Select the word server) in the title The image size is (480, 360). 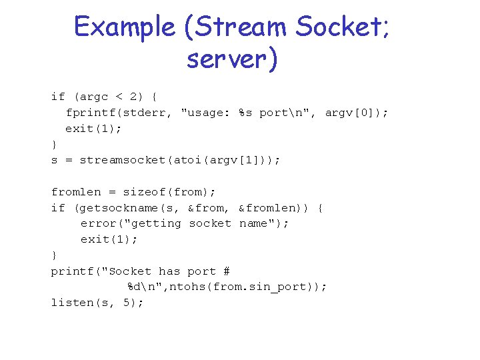coord(231,59)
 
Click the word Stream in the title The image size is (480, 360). coord(234,27)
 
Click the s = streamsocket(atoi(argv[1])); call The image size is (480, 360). coord(166,160)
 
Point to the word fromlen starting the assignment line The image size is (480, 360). coord(73,192)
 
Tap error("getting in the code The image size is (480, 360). coord(131,223)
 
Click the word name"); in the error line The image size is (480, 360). coord(263,223)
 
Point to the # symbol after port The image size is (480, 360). coord(227,271)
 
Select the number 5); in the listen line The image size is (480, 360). coord(134,303)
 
